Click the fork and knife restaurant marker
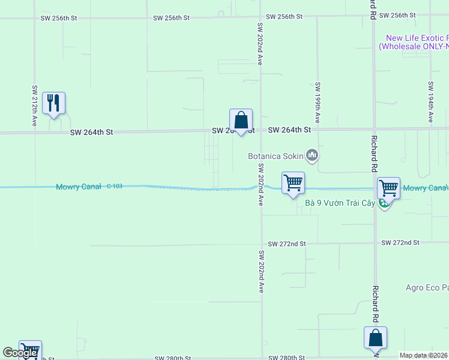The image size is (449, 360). (x=53, y=104)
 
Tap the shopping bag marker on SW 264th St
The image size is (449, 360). (x=241, y=120)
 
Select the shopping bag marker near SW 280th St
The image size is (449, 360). (x=375, y=338)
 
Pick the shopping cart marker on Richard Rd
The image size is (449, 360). (x=388, y=188)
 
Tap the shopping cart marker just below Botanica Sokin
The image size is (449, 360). (x=293, y=183)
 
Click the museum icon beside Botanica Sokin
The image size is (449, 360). (x=312, y=156)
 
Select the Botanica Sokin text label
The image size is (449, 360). (x=276, y=157)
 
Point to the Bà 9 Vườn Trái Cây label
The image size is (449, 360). (x=340, y=203)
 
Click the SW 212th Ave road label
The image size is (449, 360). (x=34, y=106)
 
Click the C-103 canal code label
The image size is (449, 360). (x=115, y=187)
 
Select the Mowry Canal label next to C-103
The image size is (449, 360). (x=79, y=187)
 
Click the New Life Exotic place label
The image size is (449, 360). (x=415, y=41)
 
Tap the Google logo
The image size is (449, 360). (x=20, y=352)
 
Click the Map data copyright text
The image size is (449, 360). (x=423, y=355)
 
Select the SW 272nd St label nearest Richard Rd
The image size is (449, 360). (x=400, y=242)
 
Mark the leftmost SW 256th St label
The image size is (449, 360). (x=59, y=18)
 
